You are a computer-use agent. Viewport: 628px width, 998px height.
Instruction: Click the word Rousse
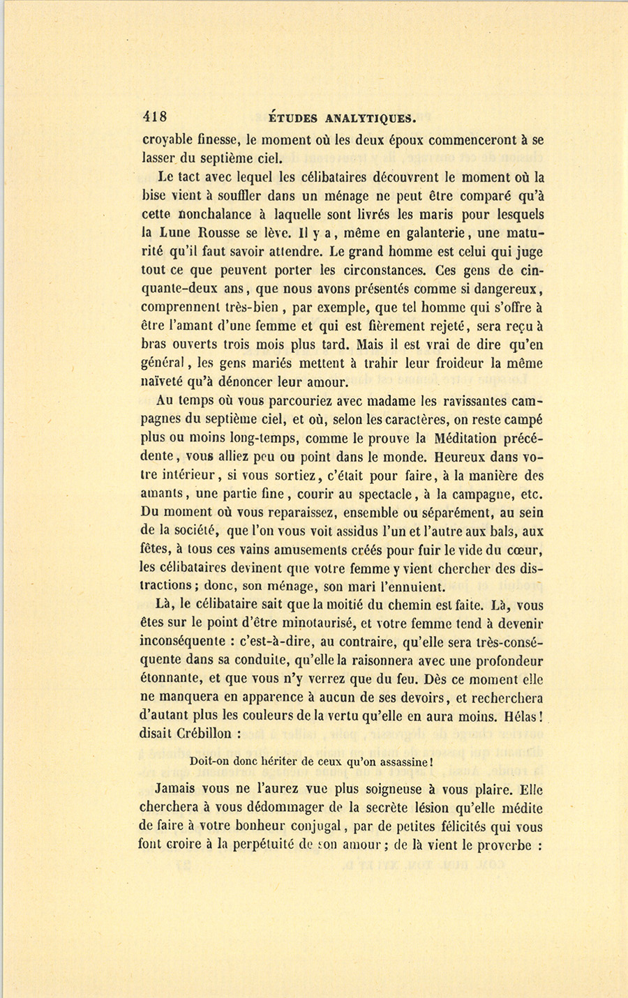[232, 233]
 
